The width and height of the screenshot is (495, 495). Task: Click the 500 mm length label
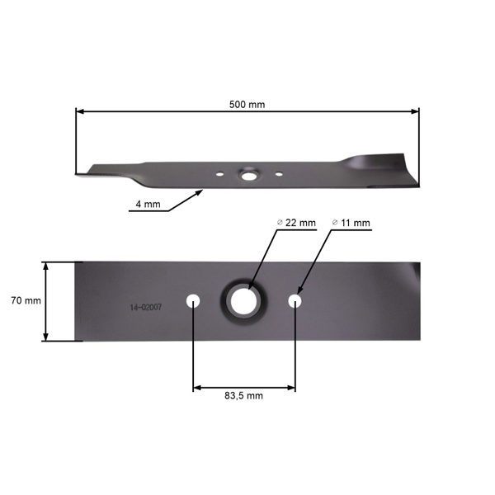[x=247, y=105]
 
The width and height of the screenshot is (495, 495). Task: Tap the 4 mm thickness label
[x=146, y=205]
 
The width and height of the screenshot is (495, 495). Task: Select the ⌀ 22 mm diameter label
[x=297, y=223]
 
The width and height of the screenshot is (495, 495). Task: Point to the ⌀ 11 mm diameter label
[x=351, y=223]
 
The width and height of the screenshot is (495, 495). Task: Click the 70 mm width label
[x=26, y=301]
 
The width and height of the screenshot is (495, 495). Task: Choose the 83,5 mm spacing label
[x=243, y=396]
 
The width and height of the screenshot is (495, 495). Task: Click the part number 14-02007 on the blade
[x=145, y=307]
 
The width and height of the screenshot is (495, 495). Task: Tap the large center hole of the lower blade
[x=243, y=300]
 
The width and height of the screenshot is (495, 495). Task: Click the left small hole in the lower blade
[x=193, y=300]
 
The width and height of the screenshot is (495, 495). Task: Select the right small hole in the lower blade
[x=295, y=300]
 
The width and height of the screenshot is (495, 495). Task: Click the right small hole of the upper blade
[x=279, y=174]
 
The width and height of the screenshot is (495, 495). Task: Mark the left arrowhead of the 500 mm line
[x=79, y=111]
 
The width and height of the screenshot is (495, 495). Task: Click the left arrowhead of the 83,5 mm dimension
[x=196, y=387]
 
